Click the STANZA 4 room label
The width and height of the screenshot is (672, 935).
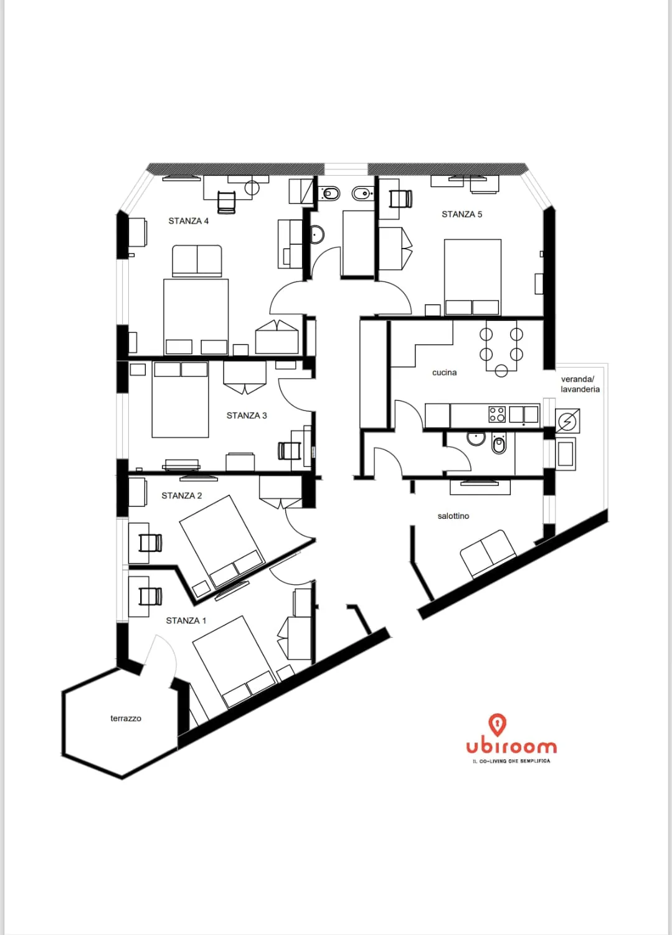[188, 221]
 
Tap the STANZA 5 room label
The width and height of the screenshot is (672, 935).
[461, 214]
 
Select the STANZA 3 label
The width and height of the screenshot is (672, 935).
[246, 415]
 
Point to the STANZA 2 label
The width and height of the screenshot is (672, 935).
[182, 495]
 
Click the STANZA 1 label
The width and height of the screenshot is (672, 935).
[186, 620]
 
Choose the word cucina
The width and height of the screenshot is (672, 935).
[444, 373]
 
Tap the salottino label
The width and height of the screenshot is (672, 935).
[453, 516]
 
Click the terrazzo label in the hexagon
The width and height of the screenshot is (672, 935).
[126, 718]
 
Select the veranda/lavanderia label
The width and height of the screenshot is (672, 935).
[580, 384]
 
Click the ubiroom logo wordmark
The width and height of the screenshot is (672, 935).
[511, 747]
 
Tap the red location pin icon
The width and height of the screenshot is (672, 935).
[497, 725]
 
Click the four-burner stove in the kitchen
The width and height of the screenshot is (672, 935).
[497, 414]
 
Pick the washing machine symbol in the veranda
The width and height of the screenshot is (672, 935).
[567, 420]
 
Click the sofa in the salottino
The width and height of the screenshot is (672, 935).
[488, 554]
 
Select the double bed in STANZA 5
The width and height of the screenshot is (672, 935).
[473, 277]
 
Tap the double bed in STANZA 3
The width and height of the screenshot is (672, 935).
[181, 399]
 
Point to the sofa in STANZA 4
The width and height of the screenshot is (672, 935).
[197, 261]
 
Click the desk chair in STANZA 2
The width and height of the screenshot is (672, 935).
[150, 543]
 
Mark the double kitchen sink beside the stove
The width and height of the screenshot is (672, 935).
[523, 414]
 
